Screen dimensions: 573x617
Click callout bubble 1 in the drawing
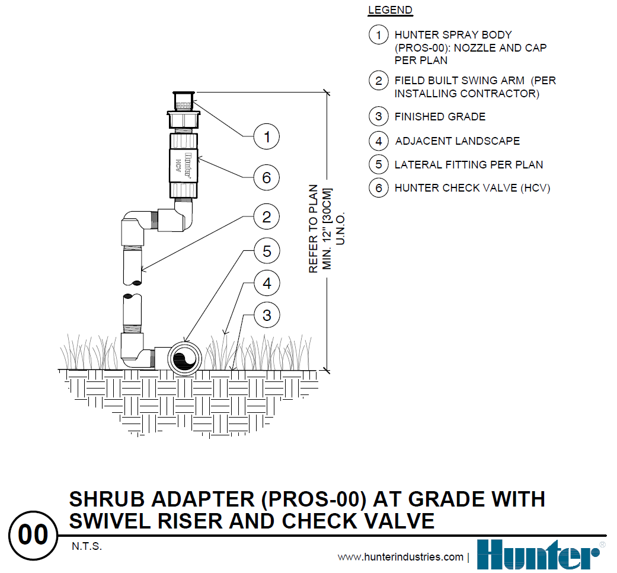[267, 138]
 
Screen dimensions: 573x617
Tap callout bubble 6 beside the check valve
[267, 177]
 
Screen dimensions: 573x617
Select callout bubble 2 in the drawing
[267, 217]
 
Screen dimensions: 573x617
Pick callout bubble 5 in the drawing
[267, 252]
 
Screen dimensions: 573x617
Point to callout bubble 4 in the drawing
[267, 284]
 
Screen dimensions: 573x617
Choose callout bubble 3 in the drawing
[267, 315]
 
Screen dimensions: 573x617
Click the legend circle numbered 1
[378, 35]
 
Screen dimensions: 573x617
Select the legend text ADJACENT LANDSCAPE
[457, 141]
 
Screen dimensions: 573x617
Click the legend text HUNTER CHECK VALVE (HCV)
[472, 188]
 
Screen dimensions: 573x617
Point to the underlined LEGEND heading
[390, 10]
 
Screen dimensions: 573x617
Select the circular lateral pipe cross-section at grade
[184, 358]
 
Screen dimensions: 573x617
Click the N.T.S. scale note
[87, 546]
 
